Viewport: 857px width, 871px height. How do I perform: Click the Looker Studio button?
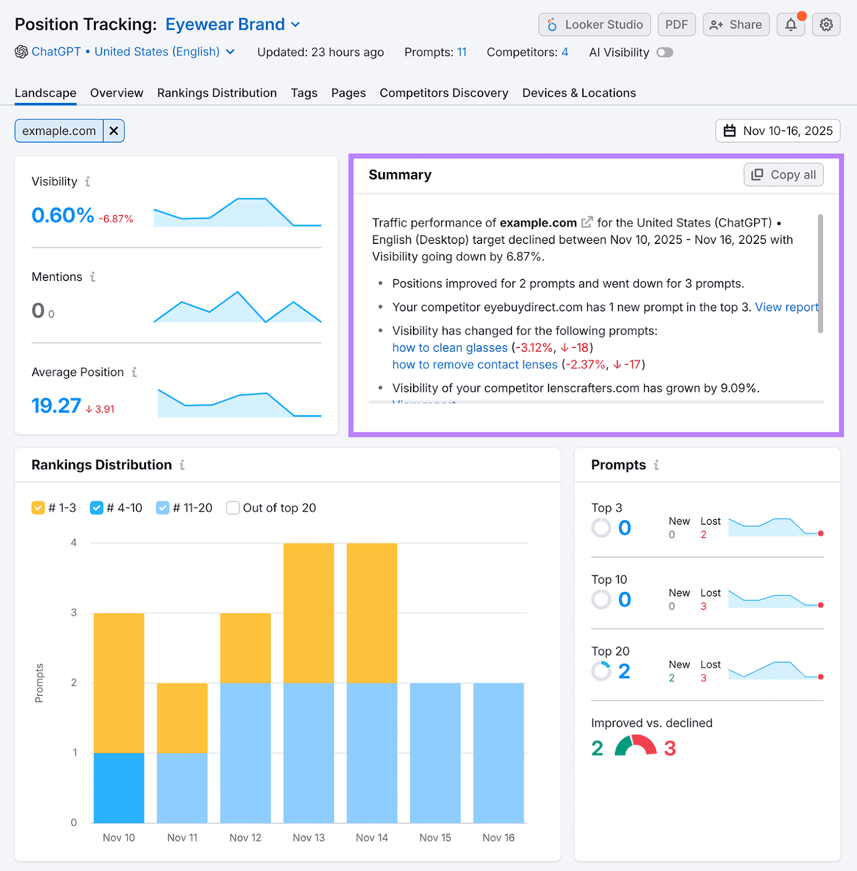594,24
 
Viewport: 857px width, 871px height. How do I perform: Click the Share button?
736,24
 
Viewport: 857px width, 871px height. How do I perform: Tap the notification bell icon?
791,24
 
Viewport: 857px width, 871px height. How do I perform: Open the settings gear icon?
826,24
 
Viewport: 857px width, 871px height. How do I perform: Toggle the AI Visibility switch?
664,52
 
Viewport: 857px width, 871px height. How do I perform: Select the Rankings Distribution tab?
217,93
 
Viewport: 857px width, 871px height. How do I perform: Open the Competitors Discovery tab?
443,93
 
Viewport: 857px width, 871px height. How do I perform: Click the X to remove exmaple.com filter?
114,131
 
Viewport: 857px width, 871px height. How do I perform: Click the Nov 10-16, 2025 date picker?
778,131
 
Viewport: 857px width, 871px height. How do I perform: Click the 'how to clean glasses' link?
449,348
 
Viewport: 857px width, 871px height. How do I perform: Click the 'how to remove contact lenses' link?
474,365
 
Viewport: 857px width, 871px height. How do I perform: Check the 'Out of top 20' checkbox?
233,508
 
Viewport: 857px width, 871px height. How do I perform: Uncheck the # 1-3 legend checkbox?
38,508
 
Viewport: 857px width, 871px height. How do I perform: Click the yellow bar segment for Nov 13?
309,612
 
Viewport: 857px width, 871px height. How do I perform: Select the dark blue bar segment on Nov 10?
119,787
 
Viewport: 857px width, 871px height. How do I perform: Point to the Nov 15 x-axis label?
435,838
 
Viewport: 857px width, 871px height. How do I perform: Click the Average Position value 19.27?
56,406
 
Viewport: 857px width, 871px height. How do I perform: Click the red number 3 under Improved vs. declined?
670,749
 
